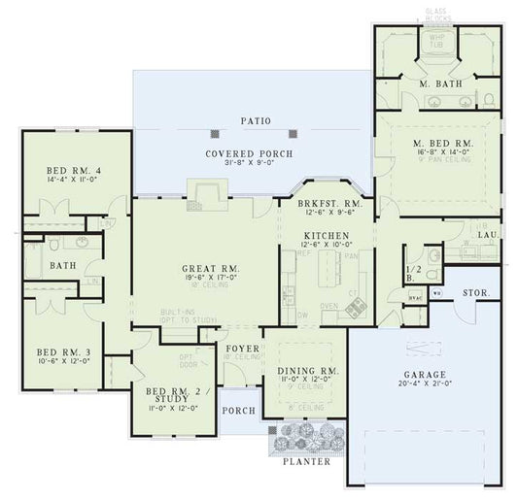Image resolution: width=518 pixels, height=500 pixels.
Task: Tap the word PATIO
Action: (x=257, y=121)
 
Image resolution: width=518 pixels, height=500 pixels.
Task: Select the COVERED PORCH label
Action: (x=249, y=153)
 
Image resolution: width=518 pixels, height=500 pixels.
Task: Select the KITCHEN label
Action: (x=321, y=235)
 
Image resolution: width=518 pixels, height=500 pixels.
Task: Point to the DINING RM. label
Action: (x=309, y=370)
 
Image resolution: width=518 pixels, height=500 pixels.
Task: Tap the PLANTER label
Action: (x=307, y=461)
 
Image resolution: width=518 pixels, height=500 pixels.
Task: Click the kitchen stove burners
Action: (x=356, y=308)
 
